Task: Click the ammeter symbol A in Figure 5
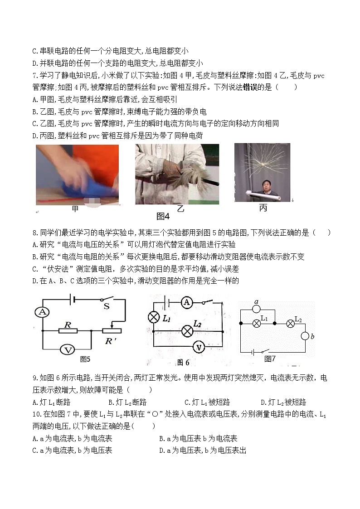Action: click(x=42, y=312)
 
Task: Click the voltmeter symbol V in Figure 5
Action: click(x=68, y=349)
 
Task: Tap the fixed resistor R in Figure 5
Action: click(x=68, y=331)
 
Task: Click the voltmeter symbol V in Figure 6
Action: click(x=198, y=347)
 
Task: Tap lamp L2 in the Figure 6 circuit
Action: click(x=186, y=331)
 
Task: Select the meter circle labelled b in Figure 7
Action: click(x=305, y=336)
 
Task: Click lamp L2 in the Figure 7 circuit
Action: click(x=290, y=324)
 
